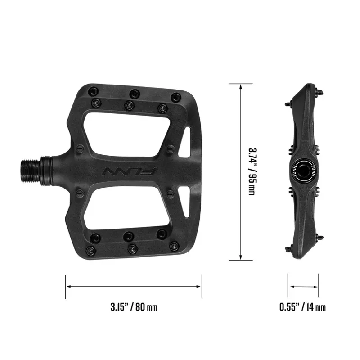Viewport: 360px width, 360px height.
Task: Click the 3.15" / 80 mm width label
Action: click(134, 307)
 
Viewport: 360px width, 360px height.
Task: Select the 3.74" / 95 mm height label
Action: click(252, 171)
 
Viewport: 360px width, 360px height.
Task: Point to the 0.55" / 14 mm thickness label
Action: click(302, 307)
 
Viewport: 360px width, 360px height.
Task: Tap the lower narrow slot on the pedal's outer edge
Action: click(184, 201)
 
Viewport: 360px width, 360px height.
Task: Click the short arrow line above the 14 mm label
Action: click(303, 286)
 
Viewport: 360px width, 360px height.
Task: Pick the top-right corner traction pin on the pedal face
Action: click(176, 96)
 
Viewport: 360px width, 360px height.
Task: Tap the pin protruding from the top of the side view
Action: click(320, 93)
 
